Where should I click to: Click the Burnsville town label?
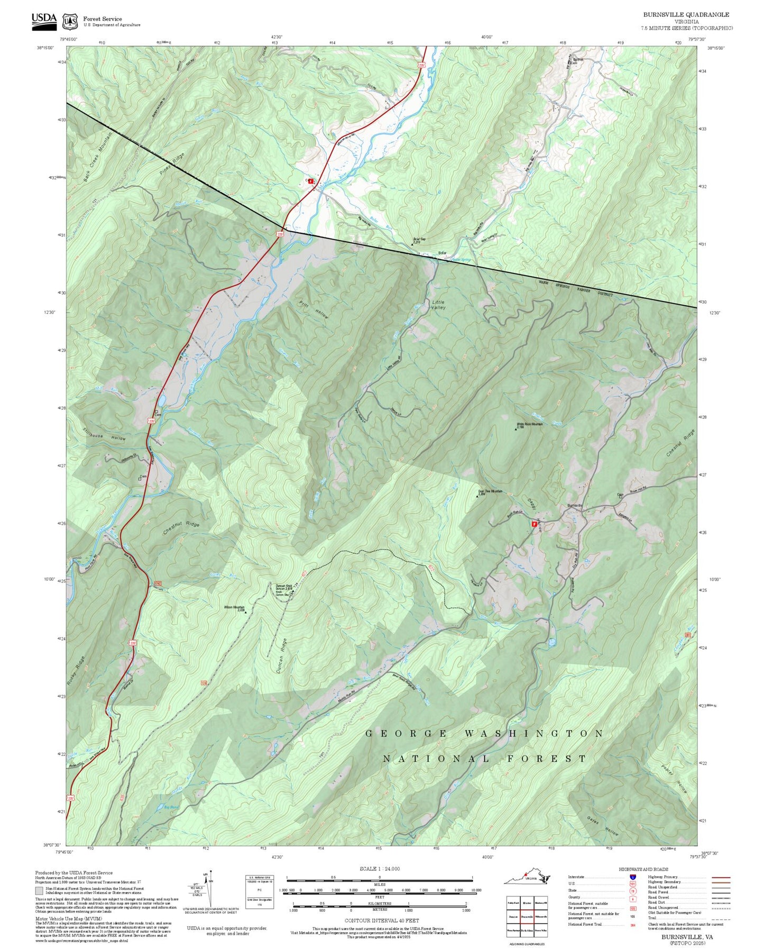tap(574, 505)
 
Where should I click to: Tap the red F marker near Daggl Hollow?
tap(534, 524)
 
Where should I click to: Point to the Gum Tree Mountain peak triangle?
tap(477, 496)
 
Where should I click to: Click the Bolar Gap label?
tap(419, 240)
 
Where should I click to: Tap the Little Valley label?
tap(438, 305)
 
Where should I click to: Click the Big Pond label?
tap(171, 807)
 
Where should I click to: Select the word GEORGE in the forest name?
tap(407, 733)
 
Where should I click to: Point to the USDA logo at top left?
tap(44, 20)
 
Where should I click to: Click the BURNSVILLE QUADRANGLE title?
tap(686, 14)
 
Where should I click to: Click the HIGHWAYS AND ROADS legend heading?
tap(643, 869)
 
